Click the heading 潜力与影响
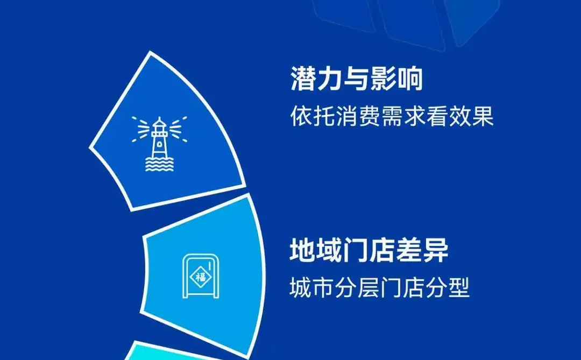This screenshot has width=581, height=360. tap(357, 80)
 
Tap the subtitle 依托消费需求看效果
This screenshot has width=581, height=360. tap(392, 116)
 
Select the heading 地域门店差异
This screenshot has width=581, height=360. tap(369, 250)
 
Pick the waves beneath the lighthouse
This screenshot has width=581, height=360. tap(159, 164)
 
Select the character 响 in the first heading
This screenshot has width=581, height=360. tap(410, 80)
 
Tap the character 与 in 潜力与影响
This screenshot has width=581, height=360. tap(357, 80)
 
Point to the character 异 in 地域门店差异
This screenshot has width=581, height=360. tap(435, 250)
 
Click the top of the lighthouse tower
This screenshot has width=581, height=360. tap(159, 122)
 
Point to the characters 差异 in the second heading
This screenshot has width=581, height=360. tap(422, 250)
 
